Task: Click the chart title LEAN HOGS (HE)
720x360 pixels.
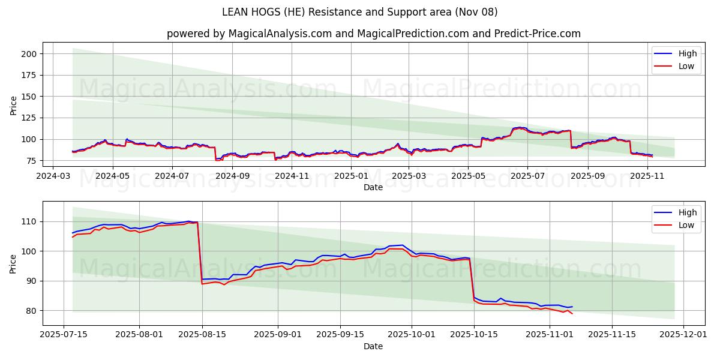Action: point(359,12)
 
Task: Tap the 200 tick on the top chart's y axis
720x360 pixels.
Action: point(29,54)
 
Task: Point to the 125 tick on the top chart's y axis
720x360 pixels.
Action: point(29,118)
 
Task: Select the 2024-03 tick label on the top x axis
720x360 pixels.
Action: point(53,176)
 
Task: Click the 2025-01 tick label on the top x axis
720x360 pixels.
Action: point(350,176)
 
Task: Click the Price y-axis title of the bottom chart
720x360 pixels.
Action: point(13,263)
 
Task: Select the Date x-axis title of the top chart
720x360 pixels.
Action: point(373,188)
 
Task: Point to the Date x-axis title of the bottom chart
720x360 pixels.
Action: point(373,346)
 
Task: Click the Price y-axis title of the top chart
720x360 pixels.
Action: point(13,105)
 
